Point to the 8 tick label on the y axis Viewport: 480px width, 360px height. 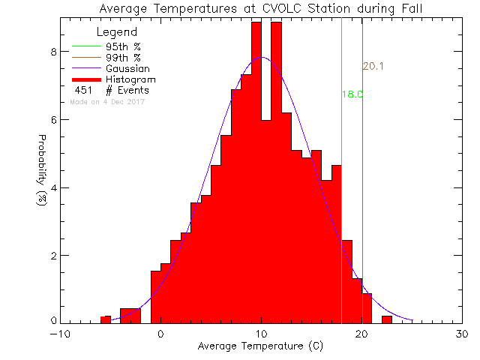52,52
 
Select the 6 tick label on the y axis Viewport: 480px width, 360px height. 52,120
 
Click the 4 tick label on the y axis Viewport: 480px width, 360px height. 52,187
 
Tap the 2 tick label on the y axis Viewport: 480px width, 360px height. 52,256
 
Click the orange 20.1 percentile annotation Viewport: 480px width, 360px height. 373,67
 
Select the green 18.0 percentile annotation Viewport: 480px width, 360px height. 352,94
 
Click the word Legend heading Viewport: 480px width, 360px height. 117,32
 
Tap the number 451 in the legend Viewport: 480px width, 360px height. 82,91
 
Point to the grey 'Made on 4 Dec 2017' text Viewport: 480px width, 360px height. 107,102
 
